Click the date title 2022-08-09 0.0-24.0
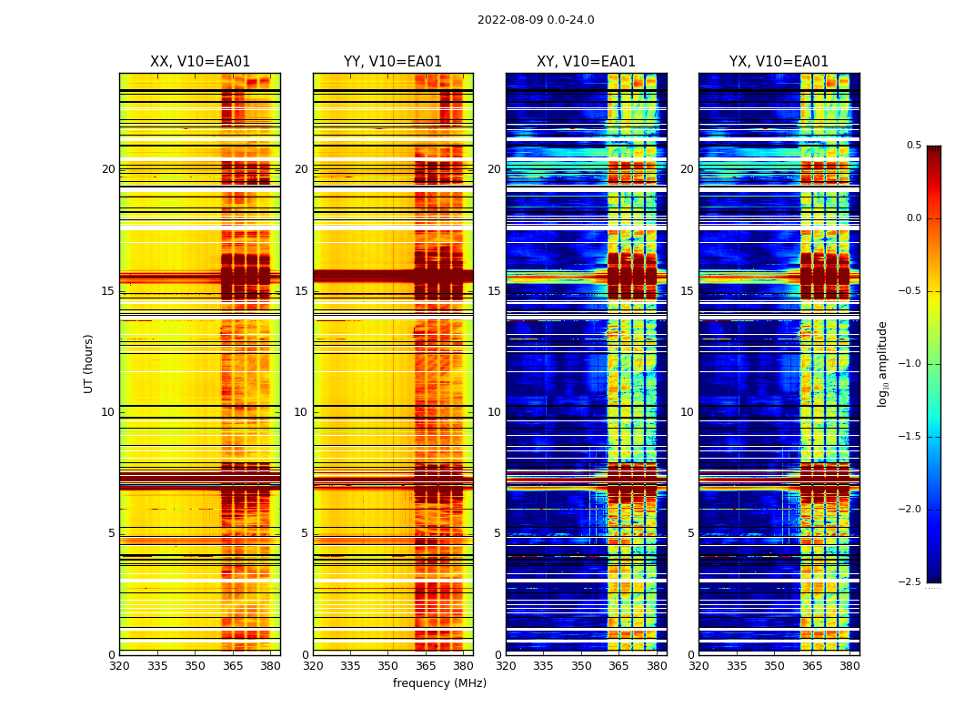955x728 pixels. click(536, 20)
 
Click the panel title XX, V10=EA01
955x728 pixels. click(200, 62)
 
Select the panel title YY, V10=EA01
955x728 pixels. click(393, 62)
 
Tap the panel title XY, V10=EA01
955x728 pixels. click(586, 62)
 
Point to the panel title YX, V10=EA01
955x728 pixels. click(779, 62)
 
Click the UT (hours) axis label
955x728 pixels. click(88, 363)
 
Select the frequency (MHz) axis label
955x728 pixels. click(439, 683)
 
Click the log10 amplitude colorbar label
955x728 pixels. click(882, 363)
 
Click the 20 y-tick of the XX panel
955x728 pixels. click(108, 169)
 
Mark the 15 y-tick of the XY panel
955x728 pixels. click(494, 291)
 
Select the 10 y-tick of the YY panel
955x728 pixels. click(301, 412)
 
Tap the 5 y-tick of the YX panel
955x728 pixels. click(690, 533)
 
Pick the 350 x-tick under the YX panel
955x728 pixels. click(774, 666)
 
